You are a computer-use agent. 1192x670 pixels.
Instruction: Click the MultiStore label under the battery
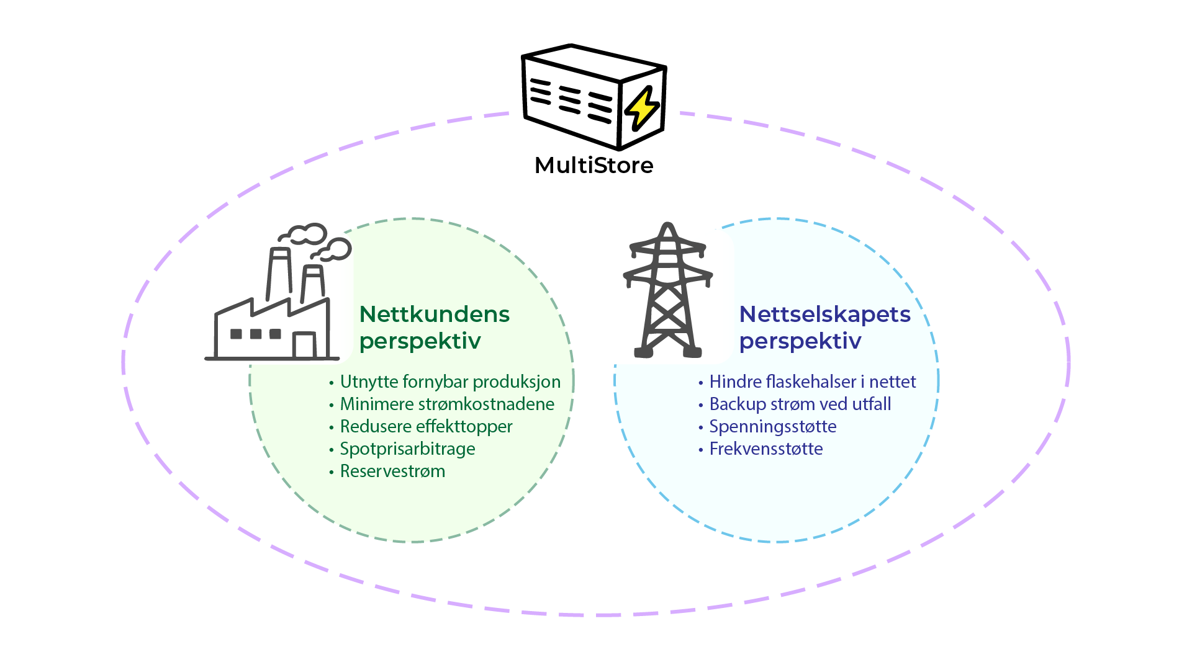click(x=594, y=166)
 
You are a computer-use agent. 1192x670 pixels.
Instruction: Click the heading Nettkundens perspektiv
click(x=434, y=327)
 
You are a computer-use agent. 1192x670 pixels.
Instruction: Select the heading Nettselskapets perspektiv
click(x=824, y=327)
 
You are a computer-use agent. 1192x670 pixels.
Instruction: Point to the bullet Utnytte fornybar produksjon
click(x=450, y=382)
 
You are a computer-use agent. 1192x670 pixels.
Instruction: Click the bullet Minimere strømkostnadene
click(x=447, y=404)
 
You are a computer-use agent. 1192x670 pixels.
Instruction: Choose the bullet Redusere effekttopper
click(x=426, y=426)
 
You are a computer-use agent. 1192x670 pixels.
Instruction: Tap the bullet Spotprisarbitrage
click(x=407, y=449)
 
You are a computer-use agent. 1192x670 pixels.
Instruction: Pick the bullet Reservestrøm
click(x=392, y=471)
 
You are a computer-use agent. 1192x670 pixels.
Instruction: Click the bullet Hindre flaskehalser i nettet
click(x=812, y=382)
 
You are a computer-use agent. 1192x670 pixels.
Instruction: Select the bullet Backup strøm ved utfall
click(x=800, y=404)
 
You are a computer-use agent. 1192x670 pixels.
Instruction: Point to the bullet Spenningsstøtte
click(x=772, y=426)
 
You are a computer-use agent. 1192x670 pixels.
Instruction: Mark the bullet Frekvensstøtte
click(x=765, y=449)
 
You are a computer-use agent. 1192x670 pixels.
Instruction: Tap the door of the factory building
click(x=304, y=345)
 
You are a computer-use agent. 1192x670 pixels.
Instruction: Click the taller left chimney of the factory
click(x=279, y=274)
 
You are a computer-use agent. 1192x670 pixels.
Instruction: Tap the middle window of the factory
click(x=256, y=334)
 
